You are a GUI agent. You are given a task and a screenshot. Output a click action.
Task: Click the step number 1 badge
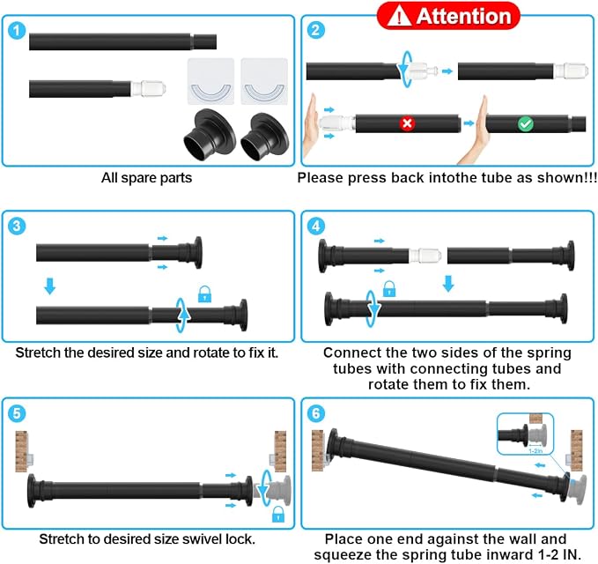[17, 31]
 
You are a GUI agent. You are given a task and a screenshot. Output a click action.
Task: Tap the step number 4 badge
[316, 226]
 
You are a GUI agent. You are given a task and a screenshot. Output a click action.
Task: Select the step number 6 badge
[316, 413]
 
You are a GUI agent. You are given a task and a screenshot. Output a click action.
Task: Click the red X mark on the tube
[407, 123]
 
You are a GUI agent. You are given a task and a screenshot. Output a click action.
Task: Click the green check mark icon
[526, 124]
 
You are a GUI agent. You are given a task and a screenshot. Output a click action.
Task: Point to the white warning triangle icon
[399, 17]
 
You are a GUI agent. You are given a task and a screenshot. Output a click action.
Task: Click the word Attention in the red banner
[463, 17]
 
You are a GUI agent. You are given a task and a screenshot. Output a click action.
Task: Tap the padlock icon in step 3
[205, 294]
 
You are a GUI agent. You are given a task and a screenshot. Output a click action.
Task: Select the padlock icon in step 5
[278, 514]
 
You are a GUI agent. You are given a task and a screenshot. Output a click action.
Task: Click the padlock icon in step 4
[389, 289]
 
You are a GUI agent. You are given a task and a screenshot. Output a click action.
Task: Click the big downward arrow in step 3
[50, 286]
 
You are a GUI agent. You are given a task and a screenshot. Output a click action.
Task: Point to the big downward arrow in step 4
[448, 284]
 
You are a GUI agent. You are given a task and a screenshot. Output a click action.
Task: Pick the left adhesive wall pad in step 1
[210, 81]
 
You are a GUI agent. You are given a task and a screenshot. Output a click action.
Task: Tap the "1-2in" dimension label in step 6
[535, 451]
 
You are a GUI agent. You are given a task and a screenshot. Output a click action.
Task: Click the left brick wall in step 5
[22, 451]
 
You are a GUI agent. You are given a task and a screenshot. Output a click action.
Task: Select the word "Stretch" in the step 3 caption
[38, 352]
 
